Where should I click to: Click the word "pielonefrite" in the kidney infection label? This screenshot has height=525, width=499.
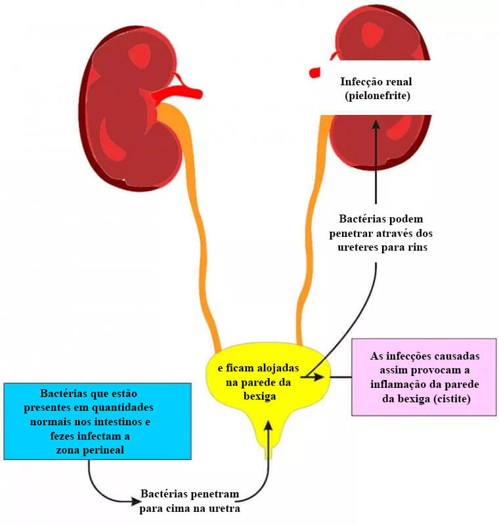click(378, 96)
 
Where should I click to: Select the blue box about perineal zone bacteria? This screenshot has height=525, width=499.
click(97, 421)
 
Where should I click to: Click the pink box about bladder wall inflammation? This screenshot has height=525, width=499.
click(424, 377)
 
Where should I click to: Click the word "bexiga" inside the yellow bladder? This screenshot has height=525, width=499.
click(260, 396)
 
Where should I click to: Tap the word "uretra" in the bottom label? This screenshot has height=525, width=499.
click(225, 509)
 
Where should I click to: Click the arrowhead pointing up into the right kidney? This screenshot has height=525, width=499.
click(376, 125)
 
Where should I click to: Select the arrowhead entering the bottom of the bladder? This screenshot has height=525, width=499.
click(269, 425)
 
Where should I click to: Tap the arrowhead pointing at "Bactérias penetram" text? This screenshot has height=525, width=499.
click(136, 501)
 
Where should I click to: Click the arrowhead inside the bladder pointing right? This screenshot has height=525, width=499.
click(319, 377)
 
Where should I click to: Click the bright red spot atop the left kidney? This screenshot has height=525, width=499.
click(140, 55)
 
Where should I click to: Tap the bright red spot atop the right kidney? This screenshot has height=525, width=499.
click(372, 34)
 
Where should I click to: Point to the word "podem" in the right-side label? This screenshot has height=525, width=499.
click(408, 219)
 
